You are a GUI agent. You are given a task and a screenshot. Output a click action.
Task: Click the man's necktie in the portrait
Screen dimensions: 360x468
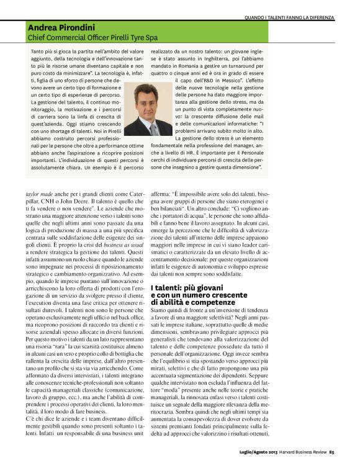151,128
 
